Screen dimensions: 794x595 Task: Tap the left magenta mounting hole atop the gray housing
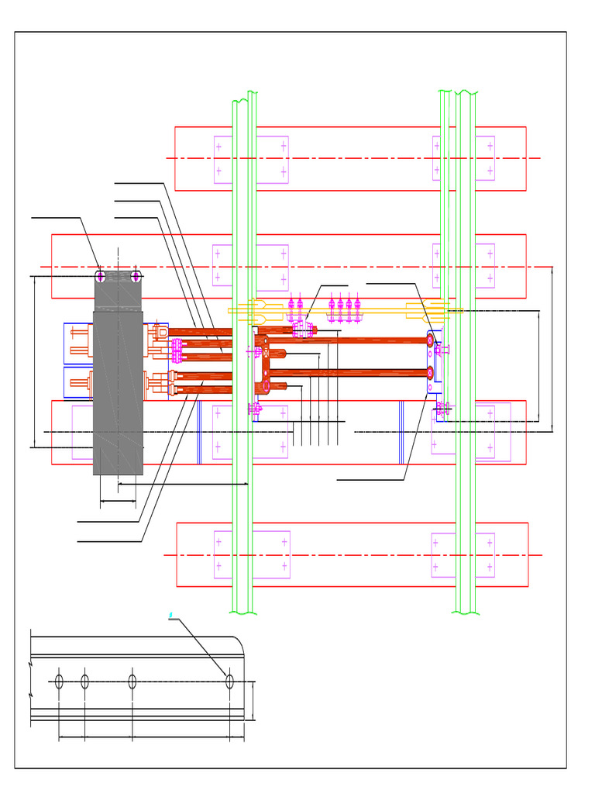tap(101, 276)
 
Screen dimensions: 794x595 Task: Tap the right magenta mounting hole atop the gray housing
tap(136, 276)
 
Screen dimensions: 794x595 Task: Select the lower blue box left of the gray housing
tap(77, 382)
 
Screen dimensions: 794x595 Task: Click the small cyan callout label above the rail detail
tap(170, 615)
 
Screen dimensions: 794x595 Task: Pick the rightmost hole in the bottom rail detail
tap(229, 681)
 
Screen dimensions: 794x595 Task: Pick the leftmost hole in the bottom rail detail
tap(59, 681)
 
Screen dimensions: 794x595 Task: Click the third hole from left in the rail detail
tap(132, 681)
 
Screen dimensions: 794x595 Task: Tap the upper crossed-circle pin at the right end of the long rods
tap(430, 340)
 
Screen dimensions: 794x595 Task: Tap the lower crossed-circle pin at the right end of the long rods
tap(430, 373)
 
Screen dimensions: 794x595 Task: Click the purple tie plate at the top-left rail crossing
tap(251, 160)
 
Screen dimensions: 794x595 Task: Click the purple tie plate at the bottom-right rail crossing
tap(463, 555)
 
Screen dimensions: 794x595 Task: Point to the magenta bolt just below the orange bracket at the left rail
tap(254, 408)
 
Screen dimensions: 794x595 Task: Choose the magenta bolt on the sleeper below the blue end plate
tap(442, 408)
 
